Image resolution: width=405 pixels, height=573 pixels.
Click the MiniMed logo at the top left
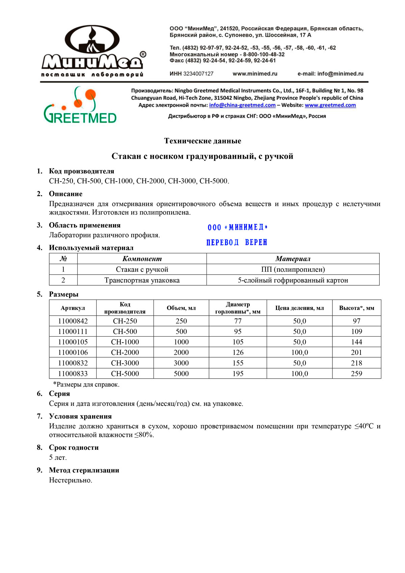[93, 51]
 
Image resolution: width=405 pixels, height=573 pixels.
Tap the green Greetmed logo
[80, 105]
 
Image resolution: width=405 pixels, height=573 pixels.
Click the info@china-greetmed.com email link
[242, 105]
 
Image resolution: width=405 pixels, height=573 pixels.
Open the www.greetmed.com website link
[330, 105]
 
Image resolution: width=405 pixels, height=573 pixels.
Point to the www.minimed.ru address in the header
[255, 74]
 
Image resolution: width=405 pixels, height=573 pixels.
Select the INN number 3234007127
[198, 74]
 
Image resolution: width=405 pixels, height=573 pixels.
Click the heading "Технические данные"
[202, 141]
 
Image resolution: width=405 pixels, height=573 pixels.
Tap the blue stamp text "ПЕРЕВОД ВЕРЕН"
[237, 242]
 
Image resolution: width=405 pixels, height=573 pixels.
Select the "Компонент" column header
[142, 259]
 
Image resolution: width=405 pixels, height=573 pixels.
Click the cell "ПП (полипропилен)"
[293, 269]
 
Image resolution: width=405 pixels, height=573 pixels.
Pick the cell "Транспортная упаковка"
[142, 280]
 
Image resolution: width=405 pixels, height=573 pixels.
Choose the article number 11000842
[73, 321]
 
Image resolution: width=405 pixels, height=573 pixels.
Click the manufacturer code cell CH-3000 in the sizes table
[125, 363]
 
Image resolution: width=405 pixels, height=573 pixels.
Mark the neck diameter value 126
[238, 353]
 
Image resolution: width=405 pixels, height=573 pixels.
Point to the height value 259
[356, 374]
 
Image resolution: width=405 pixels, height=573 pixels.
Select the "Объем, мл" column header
[181, 308]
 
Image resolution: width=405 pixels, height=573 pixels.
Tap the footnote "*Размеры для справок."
[86, 384]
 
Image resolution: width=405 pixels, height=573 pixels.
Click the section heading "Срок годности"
[74, 447]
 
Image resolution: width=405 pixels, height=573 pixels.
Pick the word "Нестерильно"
[71, 480]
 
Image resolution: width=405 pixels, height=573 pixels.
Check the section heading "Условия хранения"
[80, 416]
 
